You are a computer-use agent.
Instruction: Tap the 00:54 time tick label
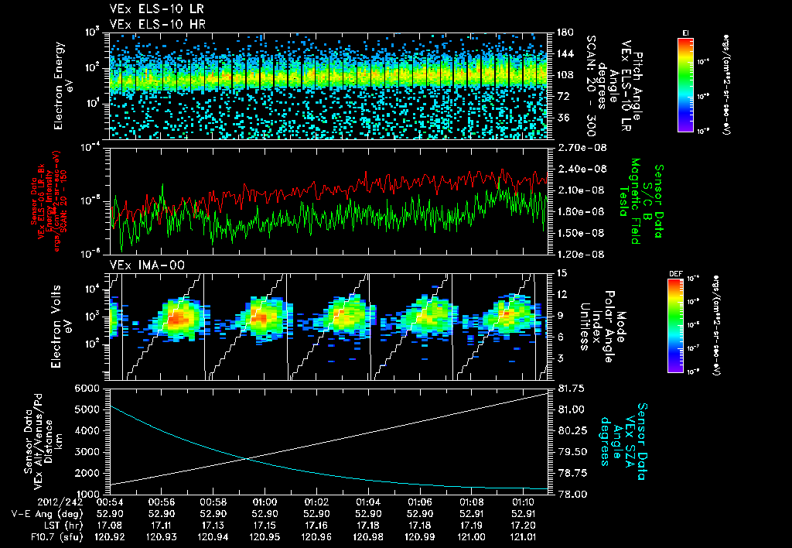tap(111, 502)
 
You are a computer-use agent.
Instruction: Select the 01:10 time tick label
tap(523, 502)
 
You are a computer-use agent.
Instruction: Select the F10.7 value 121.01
tap(523, 535)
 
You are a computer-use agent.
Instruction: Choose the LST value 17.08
tap(111, 524)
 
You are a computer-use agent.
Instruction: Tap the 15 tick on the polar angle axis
tap(558, 272)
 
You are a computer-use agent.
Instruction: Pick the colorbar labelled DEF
tap(675, 325)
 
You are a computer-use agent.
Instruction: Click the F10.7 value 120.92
tap(111, 535)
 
